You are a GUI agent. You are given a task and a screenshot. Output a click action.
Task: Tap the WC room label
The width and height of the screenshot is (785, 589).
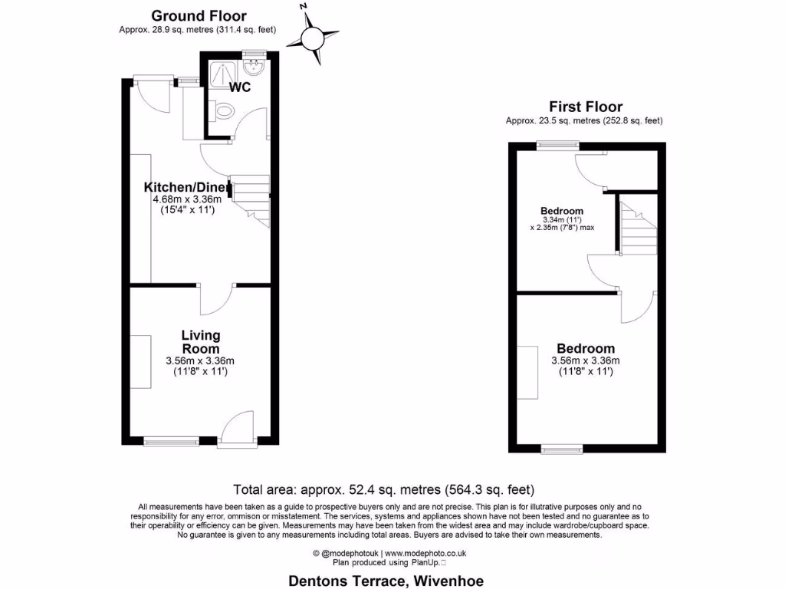tap(240, 87)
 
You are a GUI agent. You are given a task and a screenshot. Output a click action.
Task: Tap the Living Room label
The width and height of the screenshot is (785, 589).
tap(200, 341)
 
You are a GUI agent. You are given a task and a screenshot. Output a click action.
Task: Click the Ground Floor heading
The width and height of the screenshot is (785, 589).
tap(199, 15)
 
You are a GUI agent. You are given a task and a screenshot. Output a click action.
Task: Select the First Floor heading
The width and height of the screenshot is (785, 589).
tap(585, 107)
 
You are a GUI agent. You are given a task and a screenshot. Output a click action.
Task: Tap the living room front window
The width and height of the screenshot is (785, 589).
tap(170, 441)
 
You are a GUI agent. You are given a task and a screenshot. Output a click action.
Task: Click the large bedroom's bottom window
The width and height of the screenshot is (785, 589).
tap(562, 448)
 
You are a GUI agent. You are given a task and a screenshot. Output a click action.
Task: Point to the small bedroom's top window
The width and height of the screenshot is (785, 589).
tap(557, 146)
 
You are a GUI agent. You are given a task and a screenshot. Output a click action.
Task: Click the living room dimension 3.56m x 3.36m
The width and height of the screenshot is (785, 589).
tap(200, 361)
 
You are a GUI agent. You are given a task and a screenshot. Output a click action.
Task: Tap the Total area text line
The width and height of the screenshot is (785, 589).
tap(383, 489)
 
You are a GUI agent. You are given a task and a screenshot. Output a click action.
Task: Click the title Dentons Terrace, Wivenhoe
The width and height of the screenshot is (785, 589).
tap(386, 581)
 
